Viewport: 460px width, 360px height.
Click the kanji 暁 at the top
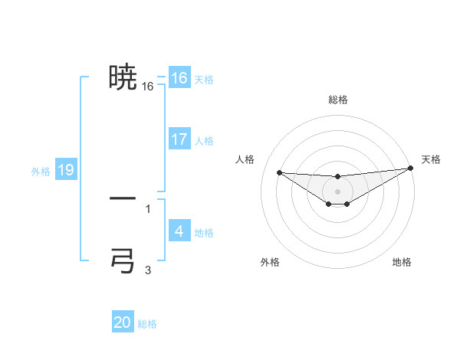(123, 77)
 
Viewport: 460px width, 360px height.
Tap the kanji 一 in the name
(123, 198)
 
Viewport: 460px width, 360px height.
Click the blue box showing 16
(179, 78)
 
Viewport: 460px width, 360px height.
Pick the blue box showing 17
(179, 139)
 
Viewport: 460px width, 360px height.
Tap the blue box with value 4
(179, 231)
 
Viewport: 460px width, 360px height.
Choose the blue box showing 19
(66, 170)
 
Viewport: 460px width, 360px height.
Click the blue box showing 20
(123, 322)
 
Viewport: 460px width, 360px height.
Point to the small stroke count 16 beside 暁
(148, 87)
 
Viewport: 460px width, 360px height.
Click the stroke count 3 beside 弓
(148, 270)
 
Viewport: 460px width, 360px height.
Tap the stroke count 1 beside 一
(148, 208)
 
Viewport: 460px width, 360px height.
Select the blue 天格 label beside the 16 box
(204, 80)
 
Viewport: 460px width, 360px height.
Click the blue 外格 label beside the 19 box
(41, 172)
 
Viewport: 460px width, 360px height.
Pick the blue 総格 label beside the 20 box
(147, 324)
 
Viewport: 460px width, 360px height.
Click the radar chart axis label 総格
(337, 100)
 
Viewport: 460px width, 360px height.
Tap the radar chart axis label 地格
(402, 263)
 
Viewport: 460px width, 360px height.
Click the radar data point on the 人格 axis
(279, 172)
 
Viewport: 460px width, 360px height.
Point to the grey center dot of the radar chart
(337, 191)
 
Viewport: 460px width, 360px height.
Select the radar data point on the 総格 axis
(337, 176)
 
